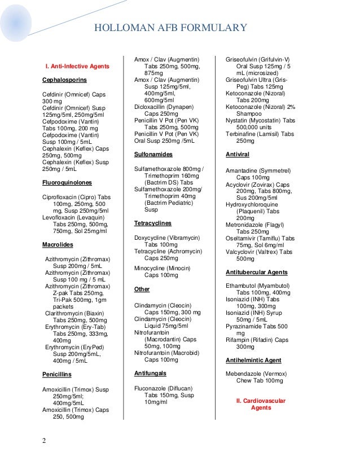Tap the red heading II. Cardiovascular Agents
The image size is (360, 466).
[x=260, y=404]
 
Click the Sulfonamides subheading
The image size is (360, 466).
[x=153, y=154]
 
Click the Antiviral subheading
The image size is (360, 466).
[x=238, y=154]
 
